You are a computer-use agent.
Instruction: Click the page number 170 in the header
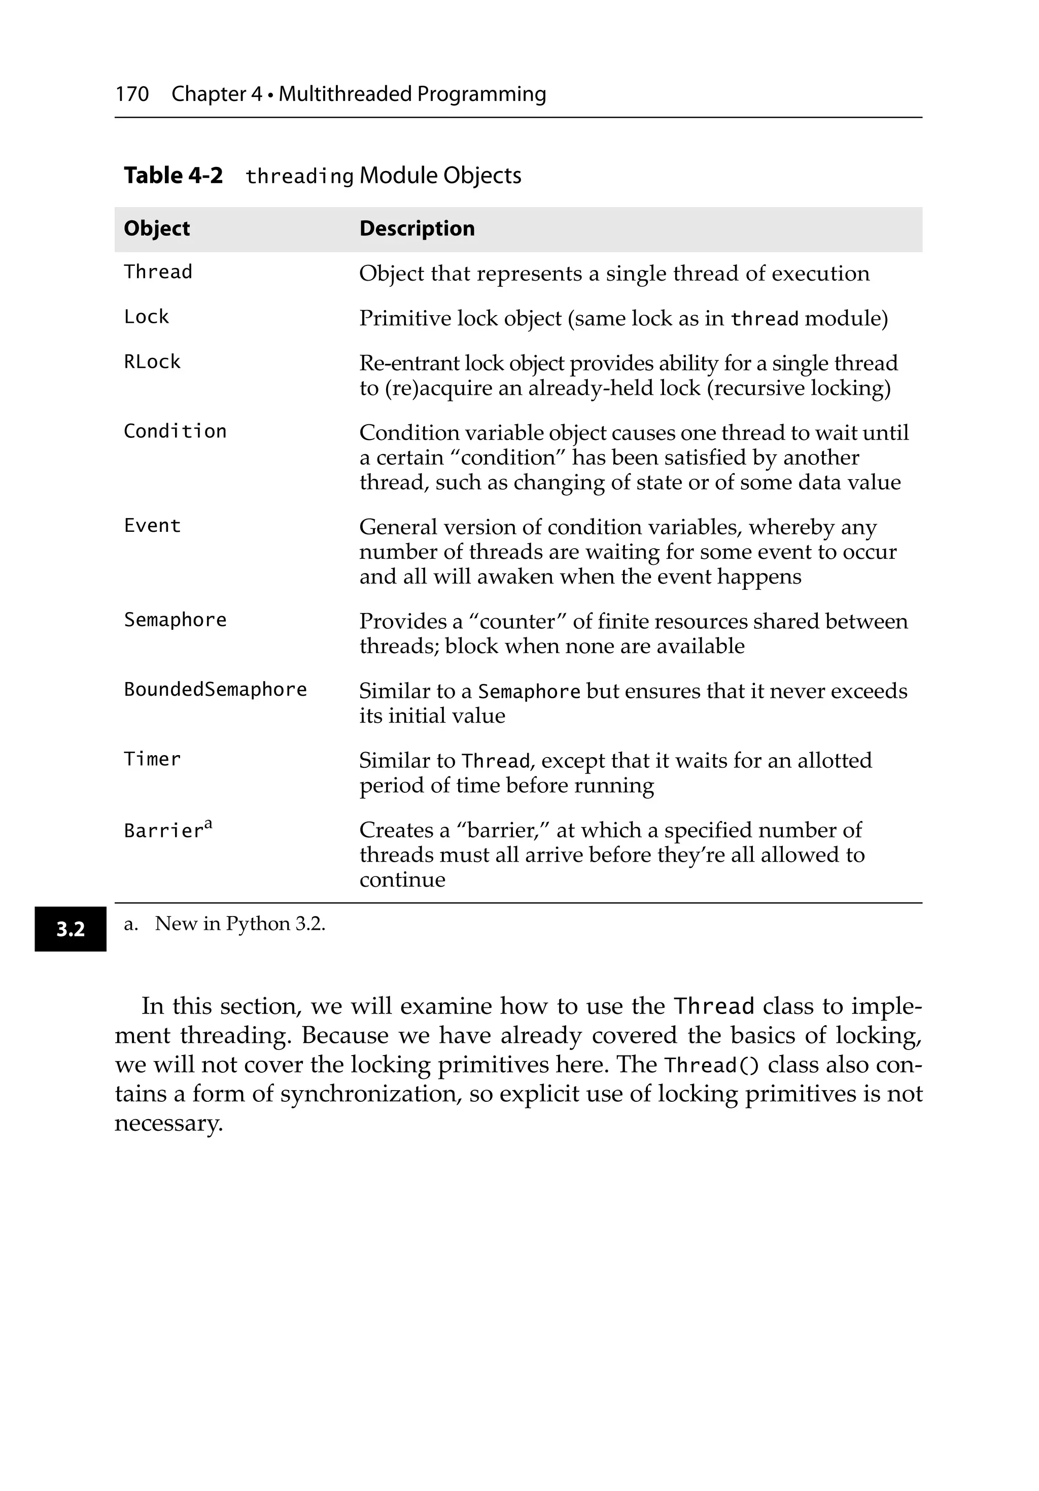tap(132, 94)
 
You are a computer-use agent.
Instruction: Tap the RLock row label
tap(152, 362)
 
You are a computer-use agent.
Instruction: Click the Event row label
tap(152, 525)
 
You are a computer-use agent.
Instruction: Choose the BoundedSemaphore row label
tap(215, 689)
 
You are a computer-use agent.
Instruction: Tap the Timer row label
tap(152, 759)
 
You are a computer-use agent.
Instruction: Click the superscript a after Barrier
tap(209, 824)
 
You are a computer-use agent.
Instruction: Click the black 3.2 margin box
tap(70, 929)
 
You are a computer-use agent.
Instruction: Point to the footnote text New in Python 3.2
tap(239, 924)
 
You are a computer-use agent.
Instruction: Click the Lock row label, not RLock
tap(146, 317)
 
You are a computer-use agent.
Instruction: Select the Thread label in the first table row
tap(158, 272)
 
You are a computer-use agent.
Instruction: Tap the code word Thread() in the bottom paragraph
tap(712, 1066)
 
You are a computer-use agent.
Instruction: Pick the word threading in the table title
tap(299, 176)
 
